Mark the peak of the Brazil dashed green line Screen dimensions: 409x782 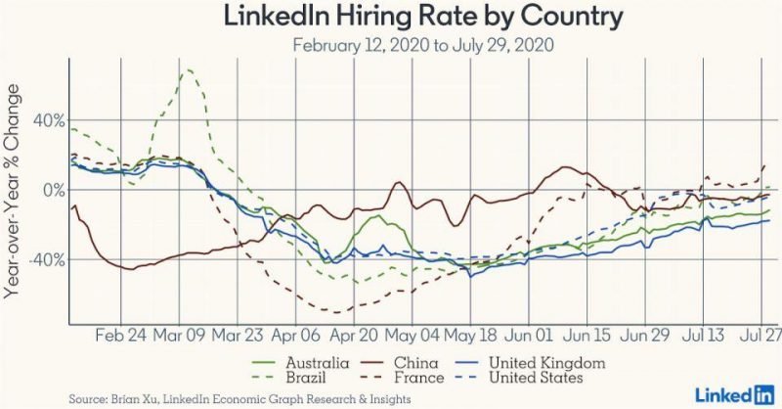click(x=188, y=69)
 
